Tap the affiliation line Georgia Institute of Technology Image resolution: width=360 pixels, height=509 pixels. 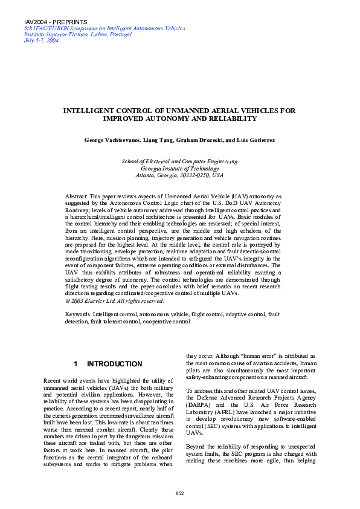[180, 168]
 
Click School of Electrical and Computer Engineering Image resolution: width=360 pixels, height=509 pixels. [180, 161]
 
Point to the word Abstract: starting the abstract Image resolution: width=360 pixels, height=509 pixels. [76, 197]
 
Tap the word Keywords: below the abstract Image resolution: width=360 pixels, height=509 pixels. [78, 315]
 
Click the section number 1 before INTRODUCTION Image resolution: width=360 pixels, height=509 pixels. [76, 365]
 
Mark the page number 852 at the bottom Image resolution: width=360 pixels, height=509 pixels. [179, 494]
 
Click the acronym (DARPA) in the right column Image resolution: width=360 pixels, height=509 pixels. [199, 405]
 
